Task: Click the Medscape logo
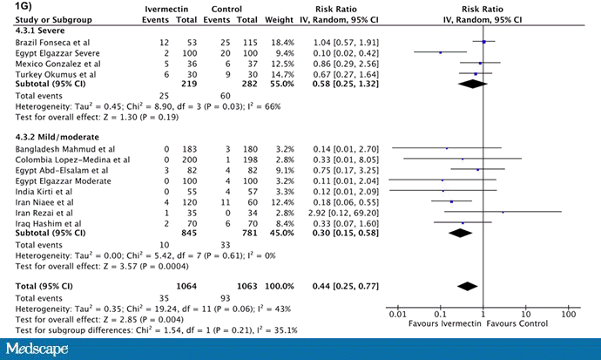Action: pos(45,348)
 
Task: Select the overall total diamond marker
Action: pos(468,285)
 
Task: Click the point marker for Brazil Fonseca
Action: pos(483,41)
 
